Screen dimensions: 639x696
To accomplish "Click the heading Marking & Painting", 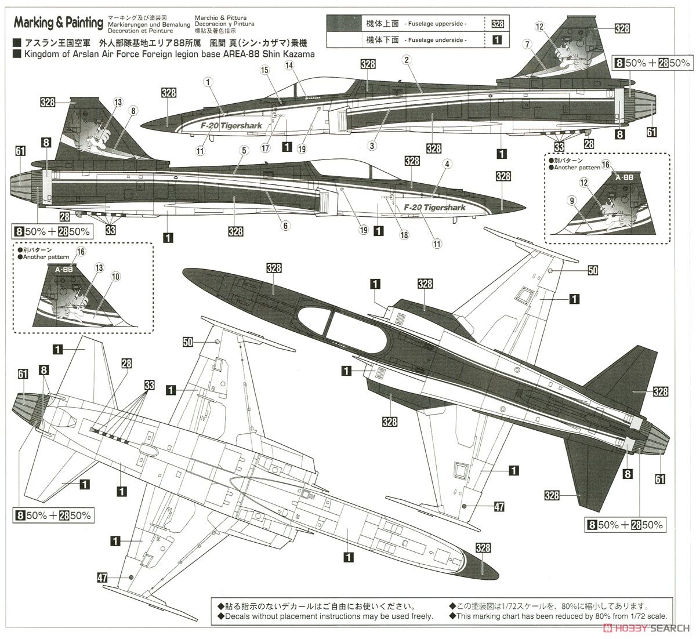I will (x=59, y=23).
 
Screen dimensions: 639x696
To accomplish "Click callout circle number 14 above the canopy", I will (x=289, y=66).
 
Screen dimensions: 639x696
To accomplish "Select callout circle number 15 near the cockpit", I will (x=264, y=70).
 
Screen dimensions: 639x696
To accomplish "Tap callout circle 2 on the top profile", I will (x=407, y=59).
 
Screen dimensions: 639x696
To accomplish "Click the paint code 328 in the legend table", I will (x=497, y=24).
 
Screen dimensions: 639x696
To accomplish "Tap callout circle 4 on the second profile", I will (x=447, y=164).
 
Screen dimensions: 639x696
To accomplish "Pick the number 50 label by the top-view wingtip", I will (x=592, y=270).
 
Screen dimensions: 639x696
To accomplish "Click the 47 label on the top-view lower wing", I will (x=499, y=507).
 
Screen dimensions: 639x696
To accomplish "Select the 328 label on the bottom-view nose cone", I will (x=483, y=547).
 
